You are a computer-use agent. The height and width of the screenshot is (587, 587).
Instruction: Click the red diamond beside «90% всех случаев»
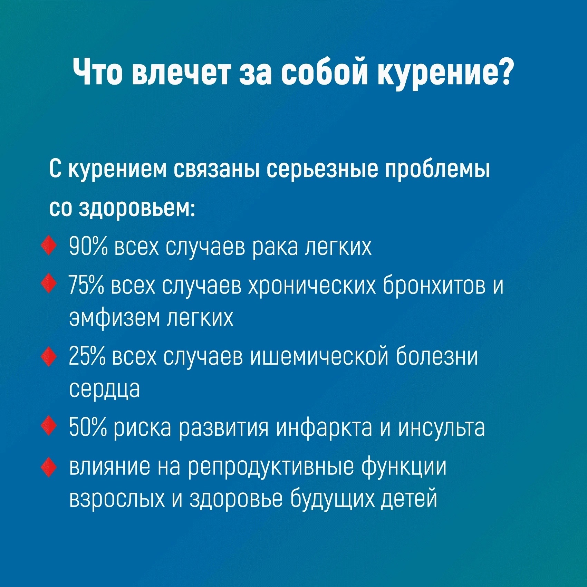click(x=48, y=246)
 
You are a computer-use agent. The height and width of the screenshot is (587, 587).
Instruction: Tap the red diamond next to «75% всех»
click(x=48, y=283)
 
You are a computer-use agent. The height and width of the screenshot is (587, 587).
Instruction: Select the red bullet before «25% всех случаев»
click(x=48, y=356)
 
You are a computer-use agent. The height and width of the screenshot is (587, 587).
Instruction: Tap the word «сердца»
click(x=105, y=389)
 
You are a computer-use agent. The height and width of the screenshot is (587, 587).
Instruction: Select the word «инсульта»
click(x=442, y=427)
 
